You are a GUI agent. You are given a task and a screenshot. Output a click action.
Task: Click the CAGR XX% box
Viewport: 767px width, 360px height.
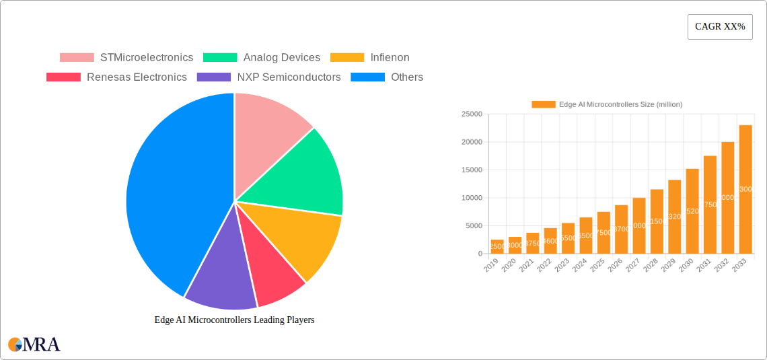pyautogui.click(x=720, y=27)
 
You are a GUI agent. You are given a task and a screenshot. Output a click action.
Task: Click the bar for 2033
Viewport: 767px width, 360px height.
pyautogui.click(x=745, y=189)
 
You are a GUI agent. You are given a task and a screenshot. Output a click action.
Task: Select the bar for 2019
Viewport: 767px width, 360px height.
pyautogui.click(x=497, y=246)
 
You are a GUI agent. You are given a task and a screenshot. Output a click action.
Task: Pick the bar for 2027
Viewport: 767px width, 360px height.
pyautogui.click(x=639, y=225)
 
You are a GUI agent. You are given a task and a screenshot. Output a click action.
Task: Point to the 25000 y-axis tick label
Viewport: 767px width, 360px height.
pyautogui.click(x=472, y=114)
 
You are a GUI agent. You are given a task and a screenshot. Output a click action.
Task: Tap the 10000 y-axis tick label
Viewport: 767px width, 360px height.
pyautogui.click(x=472, y=198)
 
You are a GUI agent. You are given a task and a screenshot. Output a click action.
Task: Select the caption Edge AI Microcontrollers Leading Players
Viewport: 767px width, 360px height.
pyautogui.click(x=234, y=320)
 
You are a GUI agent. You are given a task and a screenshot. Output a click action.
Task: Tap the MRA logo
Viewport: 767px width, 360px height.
pyautogui.click(x=34, y=345)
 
